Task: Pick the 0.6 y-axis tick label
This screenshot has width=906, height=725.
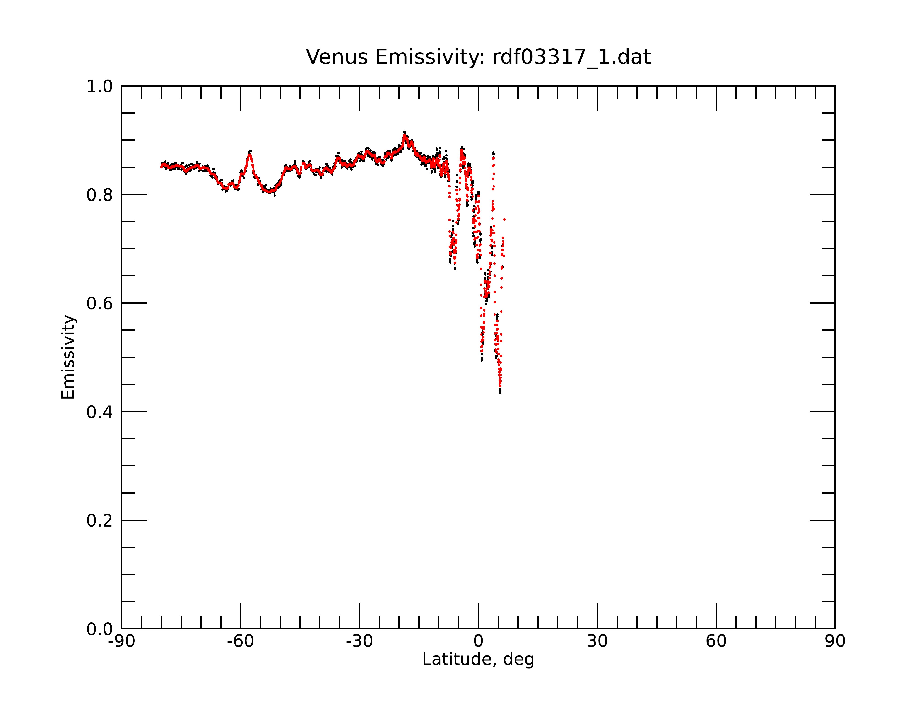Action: pos(100,303)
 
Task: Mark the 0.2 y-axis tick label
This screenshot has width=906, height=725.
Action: pos(100,521)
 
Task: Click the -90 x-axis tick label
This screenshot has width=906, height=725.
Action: pos(121,641)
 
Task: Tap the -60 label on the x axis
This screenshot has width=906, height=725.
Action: pos(240,641)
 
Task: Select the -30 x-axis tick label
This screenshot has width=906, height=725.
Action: pos(359,641)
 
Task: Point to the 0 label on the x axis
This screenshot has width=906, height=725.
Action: pos(478,641)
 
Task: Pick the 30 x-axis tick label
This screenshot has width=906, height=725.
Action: pos(597,641)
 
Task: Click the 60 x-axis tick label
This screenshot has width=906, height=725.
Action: pos(716,641)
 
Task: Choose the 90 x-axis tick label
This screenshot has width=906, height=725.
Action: pos(835,641)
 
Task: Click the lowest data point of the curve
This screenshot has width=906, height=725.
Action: pos(500,393)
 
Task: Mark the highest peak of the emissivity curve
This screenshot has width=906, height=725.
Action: pos(405,132)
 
